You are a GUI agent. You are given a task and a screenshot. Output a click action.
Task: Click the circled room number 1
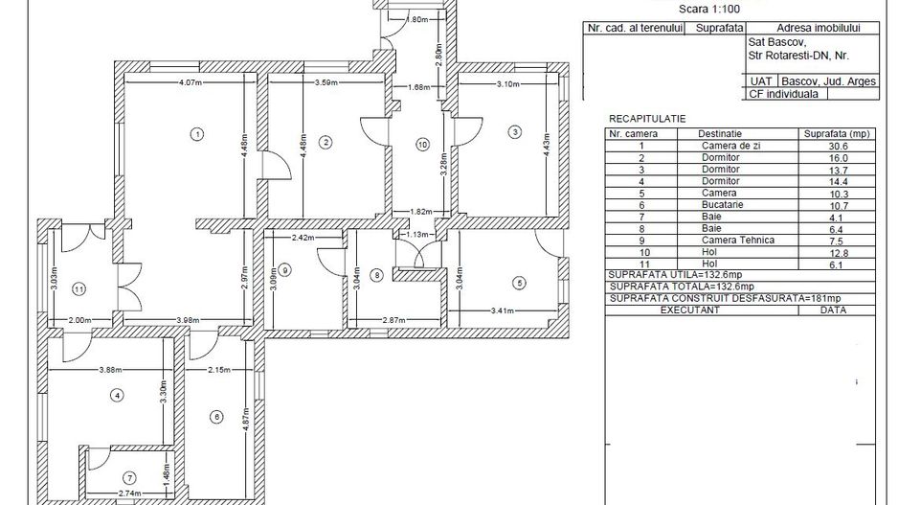(196, 133)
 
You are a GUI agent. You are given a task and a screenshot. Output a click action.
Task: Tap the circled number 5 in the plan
(520, 283)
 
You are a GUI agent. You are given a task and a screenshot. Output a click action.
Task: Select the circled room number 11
(79, 287)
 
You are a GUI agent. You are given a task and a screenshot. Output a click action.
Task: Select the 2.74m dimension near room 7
(130, 493)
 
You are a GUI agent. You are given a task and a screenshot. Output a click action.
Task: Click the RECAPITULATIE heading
(647, 118)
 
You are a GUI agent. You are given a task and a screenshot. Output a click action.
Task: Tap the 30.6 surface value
(840, 146)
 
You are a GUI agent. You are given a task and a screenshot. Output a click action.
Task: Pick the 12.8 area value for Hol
(840, 253)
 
